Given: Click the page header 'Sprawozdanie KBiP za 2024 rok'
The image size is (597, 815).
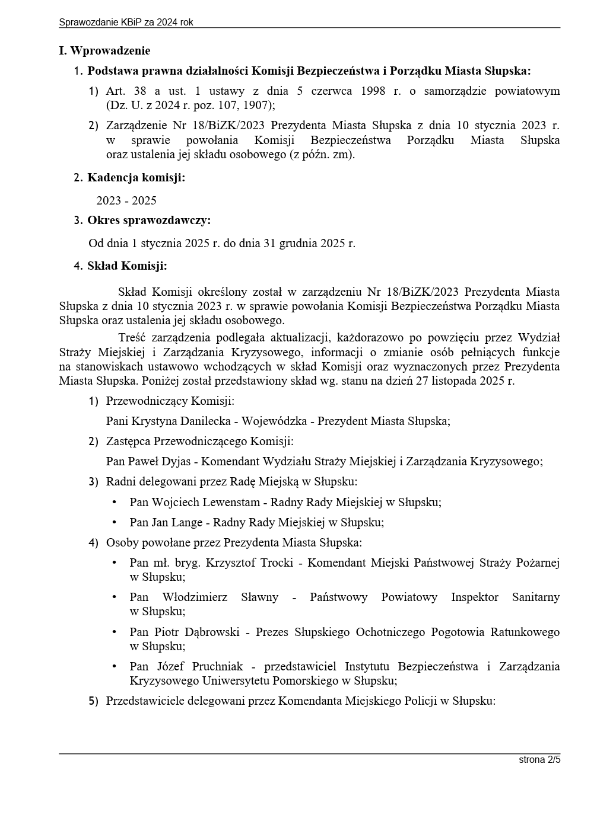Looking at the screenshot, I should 126,23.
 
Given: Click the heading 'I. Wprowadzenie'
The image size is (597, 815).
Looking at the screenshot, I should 104,51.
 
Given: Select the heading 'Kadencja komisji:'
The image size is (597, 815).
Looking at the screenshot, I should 136,177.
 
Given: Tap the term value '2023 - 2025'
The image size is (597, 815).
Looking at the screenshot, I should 126,200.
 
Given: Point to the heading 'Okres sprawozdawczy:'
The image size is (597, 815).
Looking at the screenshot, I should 149,220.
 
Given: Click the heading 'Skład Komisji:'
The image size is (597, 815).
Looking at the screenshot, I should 127,266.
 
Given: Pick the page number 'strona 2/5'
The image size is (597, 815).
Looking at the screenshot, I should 539,759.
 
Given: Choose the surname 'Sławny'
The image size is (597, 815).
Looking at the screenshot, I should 259,597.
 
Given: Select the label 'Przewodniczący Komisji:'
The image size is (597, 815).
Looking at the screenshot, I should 170,401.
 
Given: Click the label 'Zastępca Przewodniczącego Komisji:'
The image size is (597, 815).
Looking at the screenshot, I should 199,442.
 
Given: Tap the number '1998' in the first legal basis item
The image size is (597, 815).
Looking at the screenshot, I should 372,91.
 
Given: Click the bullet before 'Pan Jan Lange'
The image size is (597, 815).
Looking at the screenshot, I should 115,522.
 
